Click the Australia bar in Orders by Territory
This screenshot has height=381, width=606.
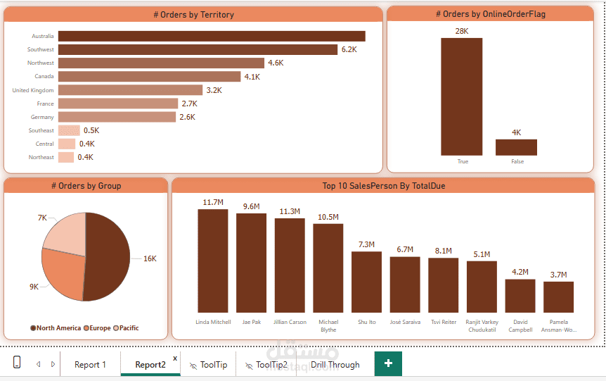(x=211, y=36)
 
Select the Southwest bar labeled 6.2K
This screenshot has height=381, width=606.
(x=197, y=49)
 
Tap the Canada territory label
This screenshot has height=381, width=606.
(x=44, y=76)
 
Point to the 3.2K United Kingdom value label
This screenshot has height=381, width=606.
(x=214, y=90)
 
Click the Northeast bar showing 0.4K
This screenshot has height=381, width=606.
(x=66, y=157)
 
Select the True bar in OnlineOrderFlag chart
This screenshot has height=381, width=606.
(x=462, y=96)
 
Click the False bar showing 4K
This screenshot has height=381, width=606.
(x=516, y=146)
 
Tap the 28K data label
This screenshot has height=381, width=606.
(x=462, y=31)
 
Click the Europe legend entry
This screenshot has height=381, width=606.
(x=98, y=328)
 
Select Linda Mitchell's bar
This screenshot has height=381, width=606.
(x=212, y=261)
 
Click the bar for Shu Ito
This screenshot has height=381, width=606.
(x=366, y=282)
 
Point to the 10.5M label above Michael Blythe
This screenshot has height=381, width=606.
(x=328, y=217)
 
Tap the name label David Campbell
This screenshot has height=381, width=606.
(x=520, y=325)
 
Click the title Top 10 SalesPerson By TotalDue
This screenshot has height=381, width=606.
(x=384, y=186)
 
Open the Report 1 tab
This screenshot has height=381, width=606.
(x=90, y=365)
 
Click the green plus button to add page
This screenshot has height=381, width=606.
(x=388, y=363)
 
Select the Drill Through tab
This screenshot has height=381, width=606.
(x=335, y=365)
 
